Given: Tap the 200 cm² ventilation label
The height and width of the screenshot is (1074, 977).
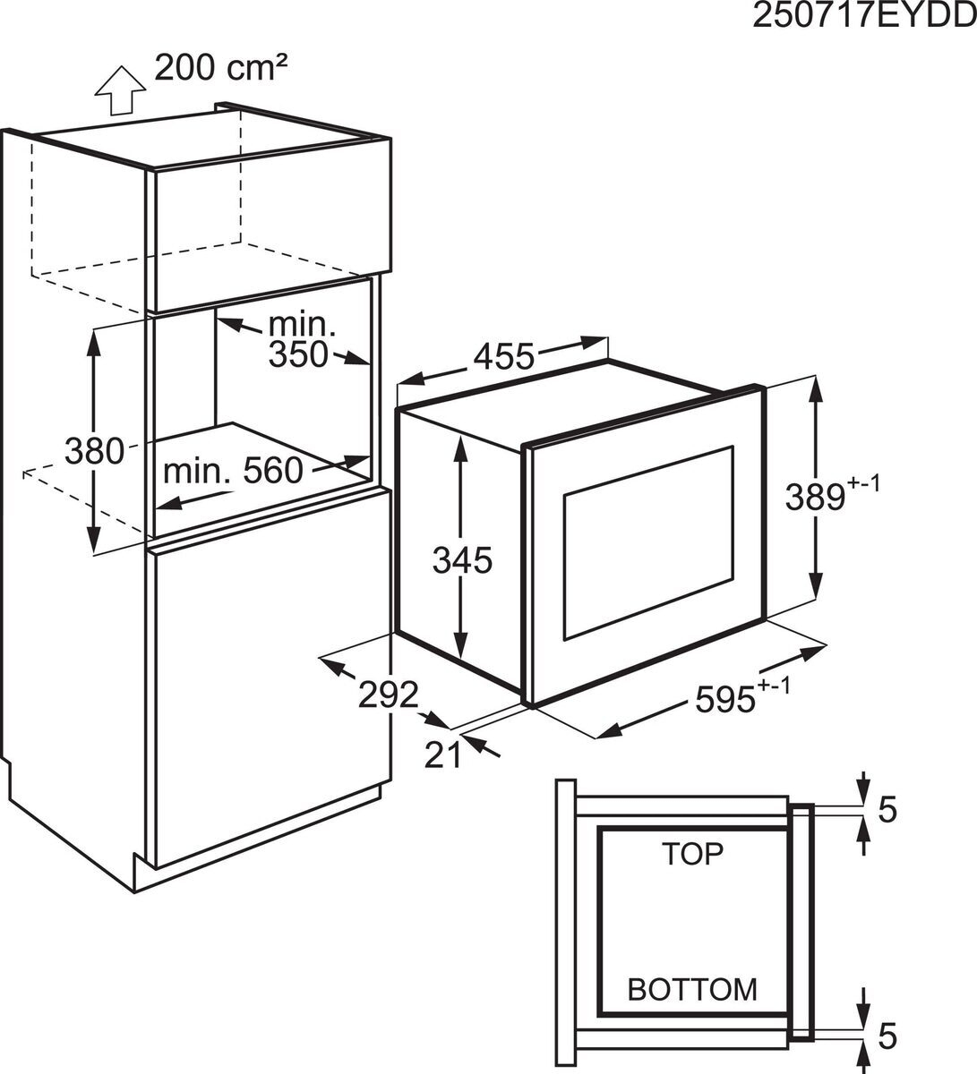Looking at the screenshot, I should (220, 68).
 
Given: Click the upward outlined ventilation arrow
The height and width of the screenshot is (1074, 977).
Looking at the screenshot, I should (120, 89).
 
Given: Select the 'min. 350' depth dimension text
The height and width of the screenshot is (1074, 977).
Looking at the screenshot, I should (299, 340).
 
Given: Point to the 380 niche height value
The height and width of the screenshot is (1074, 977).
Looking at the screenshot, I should (93, 451).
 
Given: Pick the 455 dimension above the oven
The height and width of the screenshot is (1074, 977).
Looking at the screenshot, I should (503, 356).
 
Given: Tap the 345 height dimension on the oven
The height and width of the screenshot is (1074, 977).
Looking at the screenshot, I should (462, 561).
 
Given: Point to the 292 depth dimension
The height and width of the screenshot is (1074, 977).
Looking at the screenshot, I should (389, 694).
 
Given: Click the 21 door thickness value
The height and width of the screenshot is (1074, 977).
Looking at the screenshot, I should (442, 755).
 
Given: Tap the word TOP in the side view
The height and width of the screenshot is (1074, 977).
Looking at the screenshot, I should (692, 854).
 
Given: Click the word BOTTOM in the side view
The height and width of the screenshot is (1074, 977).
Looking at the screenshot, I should (692, 989).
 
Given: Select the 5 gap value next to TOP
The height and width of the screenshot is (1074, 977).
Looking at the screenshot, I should (887, 809).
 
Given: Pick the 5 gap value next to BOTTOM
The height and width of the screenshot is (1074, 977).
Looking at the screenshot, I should (887, 1035).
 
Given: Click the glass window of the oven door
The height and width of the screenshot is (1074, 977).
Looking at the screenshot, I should (647, 543).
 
